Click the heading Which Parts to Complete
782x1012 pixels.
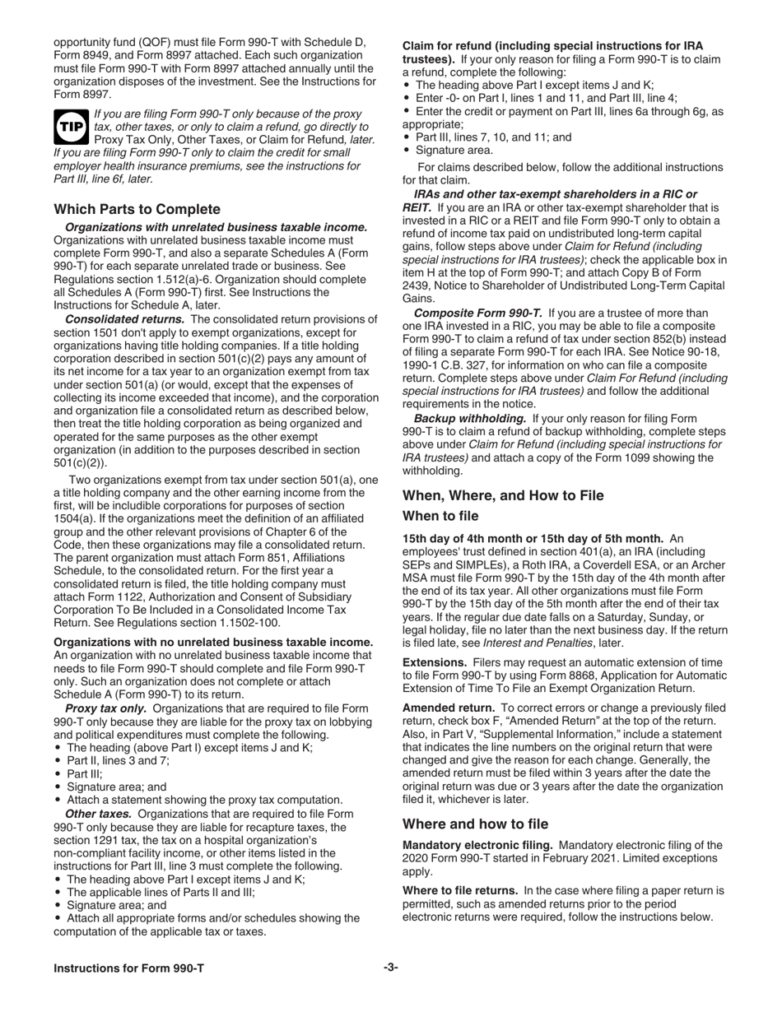click(137, 209)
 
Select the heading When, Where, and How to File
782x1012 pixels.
click(502, 494)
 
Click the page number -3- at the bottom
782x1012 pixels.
click(390, 968)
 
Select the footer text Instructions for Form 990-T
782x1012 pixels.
click(128, 968)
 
